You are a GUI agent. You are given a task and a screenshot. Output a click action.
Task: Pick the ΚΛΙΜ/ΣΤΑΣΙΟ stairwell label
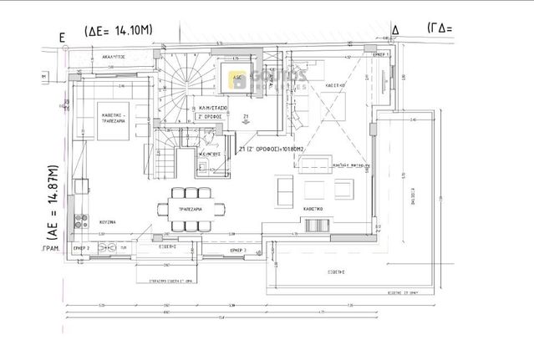coord(211,109)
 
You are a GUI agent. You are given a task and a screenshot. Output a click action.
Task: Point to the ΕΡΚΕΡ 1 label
coord(382,53)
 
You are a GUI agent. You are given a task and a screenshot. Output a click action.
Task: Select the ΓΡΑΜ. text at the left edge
coord(55,249)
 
